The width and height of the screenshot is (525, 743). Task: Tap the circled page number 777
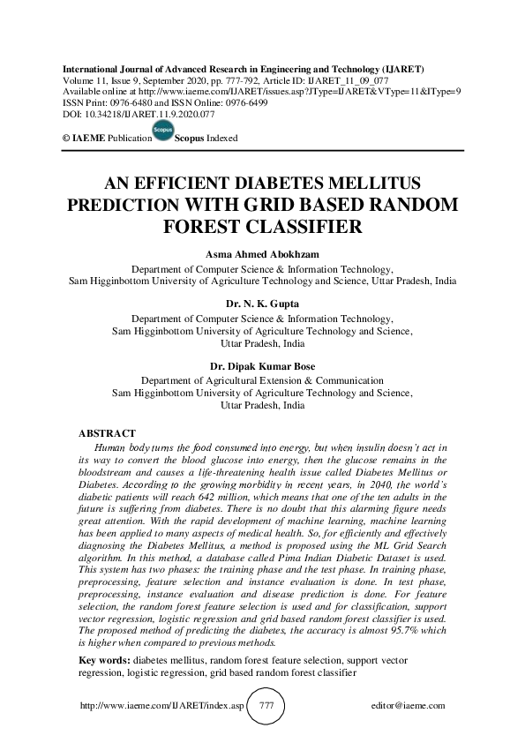point(266,706)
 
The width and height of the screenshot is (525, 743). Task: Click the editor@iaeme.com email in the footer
point(409,706)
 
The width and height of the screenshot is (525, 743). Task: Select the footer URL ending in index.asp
point(160,706)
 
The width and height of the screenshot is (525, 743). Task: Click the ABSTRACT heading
point(107,434)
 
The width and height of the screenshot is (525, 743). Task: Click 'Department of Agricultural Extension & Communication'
point(262,380)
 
